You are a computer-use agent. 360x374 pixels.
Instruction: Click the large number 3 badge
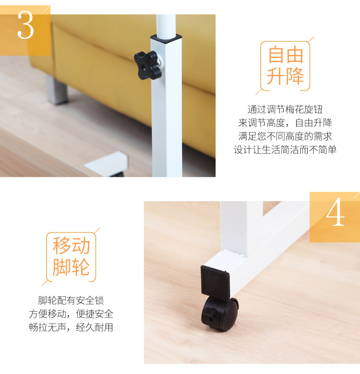click(25, 31)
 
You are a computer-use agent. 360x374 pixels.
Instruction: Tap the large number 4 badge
click(335, 217)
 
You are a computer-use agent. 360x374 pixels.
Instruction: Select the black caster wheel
click(220, 314)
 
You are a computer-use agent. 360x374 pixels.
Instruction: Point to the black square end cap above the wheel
click(216, 282)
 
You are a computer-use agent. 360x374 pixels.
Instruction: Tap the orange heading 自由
click(286, 55)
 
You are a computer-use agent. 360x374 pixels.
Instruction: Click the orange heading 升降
click(286, 76)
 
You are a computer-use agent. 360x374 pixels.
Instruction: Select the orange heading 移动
click(71, 246)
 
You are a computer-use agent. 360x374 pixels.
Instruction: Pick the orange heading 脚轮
click(71, 267)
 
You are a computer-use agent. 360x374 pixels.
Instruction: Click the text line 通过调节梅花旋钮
click(285, 109)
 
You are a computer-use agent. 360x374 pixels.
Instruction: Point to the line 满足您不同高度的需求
click(285, 136)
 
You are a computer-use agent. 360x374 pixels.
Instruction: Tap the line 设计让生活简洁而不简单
click(285, 150)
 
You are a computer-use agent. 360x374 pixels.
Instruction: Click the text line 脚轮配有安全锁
click(71, 301)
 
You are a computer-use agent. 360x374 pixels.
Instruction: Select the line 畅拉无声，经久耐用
click(71, 327)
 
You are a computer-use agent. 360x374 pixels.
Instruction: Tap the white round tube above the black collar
click(166, 26)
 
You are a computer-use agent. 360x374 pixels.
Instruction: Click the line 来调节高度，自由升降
click(285, 123)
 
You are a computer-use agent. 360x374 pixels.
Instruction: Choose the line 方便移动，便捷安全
click(71, 314)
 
